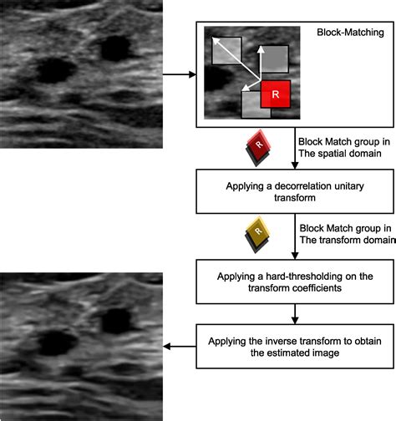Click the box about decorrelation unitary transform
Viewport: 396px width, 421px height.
pos(294,191)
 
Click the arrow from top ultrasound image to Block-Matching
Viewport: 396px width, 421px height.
pos(180,76)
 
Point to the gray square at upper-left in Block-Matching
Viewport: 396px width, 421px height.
pos(226,50)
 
